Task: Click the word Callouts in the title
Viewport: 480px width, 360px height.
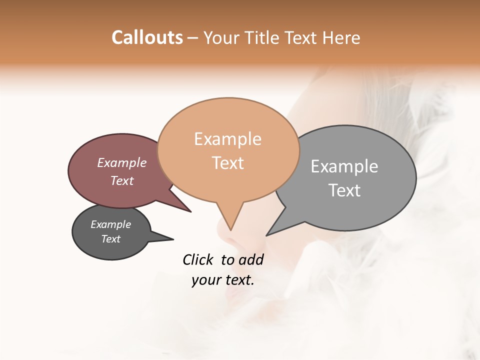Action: (147, 37)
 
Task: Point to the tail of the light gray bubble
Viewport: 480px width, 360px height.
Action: (278, 225)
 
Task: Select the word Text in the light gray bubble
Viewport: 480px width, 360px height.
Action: (344, 190)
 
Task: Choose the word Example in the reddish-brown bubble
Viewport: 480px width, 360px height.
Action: (122, 162)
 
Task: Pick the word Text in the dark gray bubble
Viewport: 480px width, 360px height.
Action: (111, 239)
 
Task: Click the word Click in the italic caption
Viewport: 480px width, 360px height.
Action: (198, 259)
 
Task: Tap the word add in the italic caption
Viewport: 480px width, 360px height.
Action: (251, 259)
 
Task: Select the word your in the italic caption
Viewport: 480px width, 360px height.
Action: (205, 280)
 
